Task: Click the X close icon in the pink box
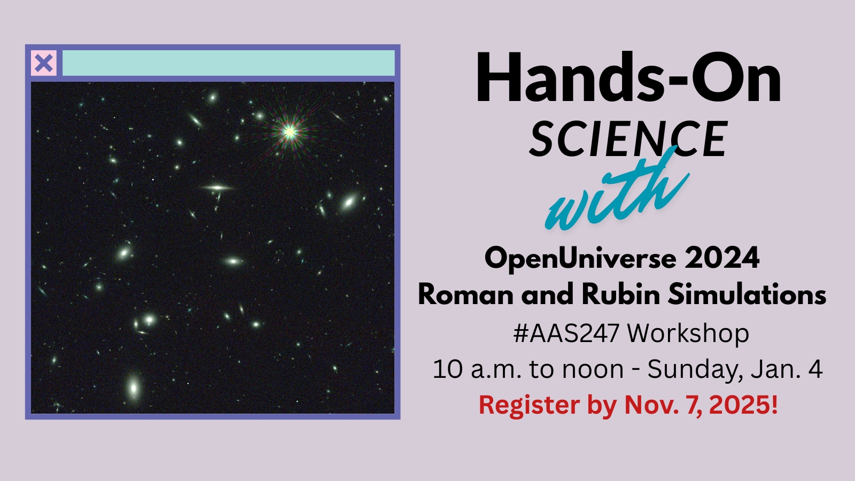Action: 44,63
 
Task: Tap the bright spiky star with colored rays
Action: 289,132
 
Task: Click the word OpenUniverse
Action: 580,259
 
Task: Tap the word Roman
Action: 465,294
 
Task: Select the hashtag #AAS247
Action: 566,333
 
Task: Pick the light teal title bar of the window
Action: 228,63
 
